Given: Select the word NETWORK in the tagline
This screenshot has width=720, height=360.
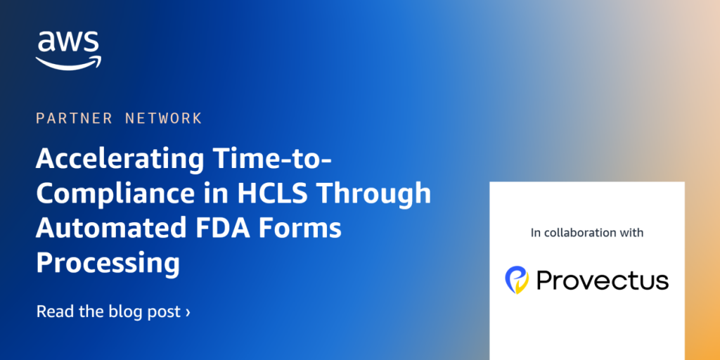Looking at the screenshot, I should tap(164, 118).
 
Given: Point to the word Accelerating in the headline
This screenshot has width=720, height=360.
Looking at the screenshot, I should tap(115, 160).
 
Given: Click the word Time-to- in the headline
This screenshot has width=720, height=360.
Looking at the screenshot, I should tap(267, 160).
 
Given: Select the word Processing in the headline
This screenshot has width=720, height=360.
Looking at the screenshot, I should tap(108, 263).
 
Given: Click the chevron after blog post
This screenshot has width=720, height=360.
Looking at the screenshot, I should tap(188, 311).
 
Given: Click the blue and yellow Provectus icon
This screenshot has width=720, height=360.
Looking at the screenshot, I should tap(517, 279).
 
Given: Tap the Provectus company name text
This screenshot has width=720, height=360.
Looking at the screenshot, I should tap(602, 281).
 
